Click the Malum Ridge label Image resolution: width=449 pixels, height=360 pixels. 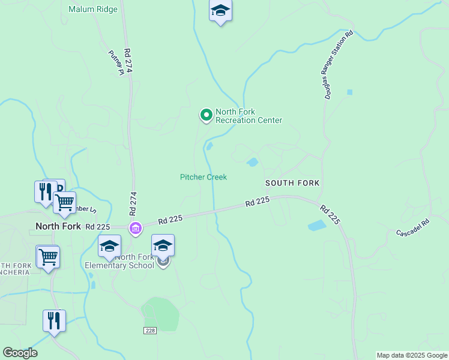click(x=93, y=10)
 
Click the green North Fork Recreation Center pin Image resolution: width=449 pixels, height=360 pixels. click(x=206, y=114)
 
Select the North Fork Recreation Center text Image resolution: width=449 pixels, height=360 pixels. click(x=249, y=116)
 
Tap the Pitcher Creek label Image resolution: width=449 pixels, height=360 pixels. click(x=203, y=177)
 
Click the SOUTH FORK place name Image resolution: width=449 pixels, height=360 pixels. click(x=293, y=182)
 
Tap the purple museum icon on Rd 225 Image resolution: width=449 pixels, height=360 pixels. click(x=136, y=229)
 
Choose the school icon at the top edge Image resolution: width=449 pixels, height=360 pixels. click(x=220, y=10)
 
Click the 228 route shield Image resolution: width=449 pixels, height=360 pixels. click(x=150, y=331)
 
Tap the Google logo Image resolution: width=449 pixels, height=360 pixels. click(x=20, y=353)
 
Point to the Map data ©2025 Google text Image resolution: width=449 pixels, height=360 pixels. click(x=412, y=355)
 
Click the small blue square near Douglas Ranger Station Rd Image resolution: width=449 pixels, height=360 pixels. click(x=349, y=92)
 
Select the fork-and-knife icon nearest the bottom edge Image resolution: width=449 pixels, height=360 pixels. click(x=54, y=320)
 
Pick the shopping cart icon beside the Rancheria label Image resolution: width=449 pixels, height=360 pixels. click(x=48, y=257)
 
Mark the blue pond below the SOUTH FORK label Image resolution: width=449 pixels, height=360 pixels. click(x=318, y=226)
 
